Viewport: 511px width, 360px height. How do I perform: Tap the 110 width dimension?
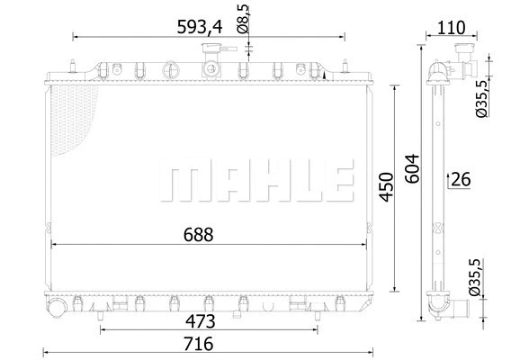click(452, 28)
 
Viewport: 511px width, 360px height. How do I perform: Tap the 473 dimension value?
click(201, 320)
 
